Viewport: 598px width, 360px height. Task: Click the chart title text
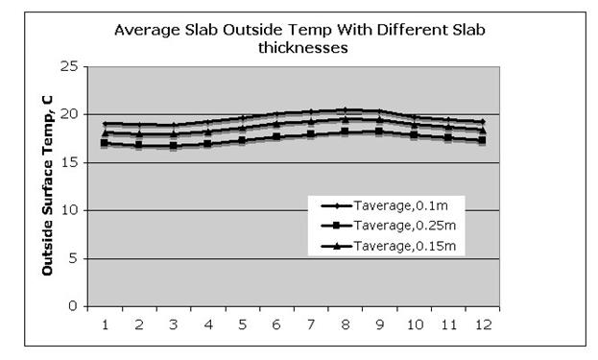[x=299, y=37]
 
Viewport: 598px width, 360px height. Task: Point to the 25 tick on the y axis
[x=68, y=66]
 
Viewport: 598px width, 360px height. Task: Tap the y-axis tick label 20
[x=68, y=114]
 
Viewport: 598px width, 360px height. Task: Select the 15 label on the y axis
[x=68, y=162]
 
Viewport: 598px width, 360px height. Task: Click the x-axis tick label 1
[x=105, y=325]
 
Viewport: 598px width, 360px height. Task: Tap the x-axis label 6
[x=276, y=325]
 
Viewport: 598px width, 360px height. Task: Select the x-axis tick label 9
[x=379, y=325]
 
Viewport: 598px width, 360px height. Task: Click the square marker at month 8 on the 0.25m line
[x=345, y=132]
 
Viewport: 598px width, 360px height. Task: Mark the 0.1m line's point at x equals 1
[x=105, y=124]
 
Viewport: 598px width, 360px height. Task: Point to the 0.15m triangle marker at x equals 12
[x=482, y=130]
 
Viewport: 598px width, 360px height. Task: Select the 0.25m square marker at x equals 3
[x=173, y=146]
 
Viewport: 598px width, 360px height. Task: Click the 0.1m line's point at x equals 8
[x=345, y=110]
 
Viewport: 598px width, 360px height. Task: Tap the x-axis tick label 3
[x=174, y=325]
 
